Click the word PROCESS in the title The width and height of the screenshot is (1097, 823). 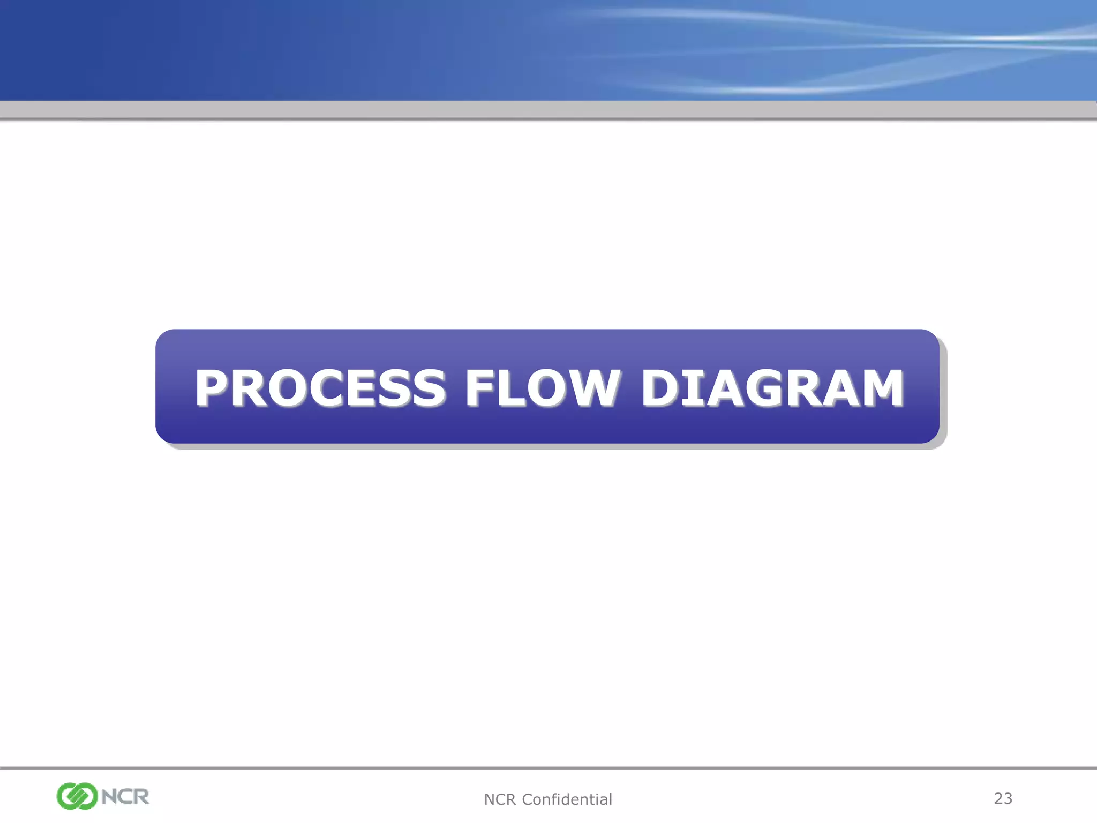pos(320,387)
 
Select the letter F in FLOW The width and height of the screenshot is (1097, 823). pos(479,387)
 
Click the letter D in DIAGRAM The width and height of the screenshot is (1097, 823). pos(660,387)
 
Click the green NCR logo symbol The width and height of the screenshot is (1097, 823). pos(77,796)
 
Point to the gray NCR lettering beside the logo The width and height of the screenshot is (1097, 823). pos(125,797)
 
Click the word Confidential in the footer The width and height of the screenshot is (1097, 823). pos(567,799)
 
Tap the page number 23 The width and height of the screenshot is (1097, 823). pos(1003,798)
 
